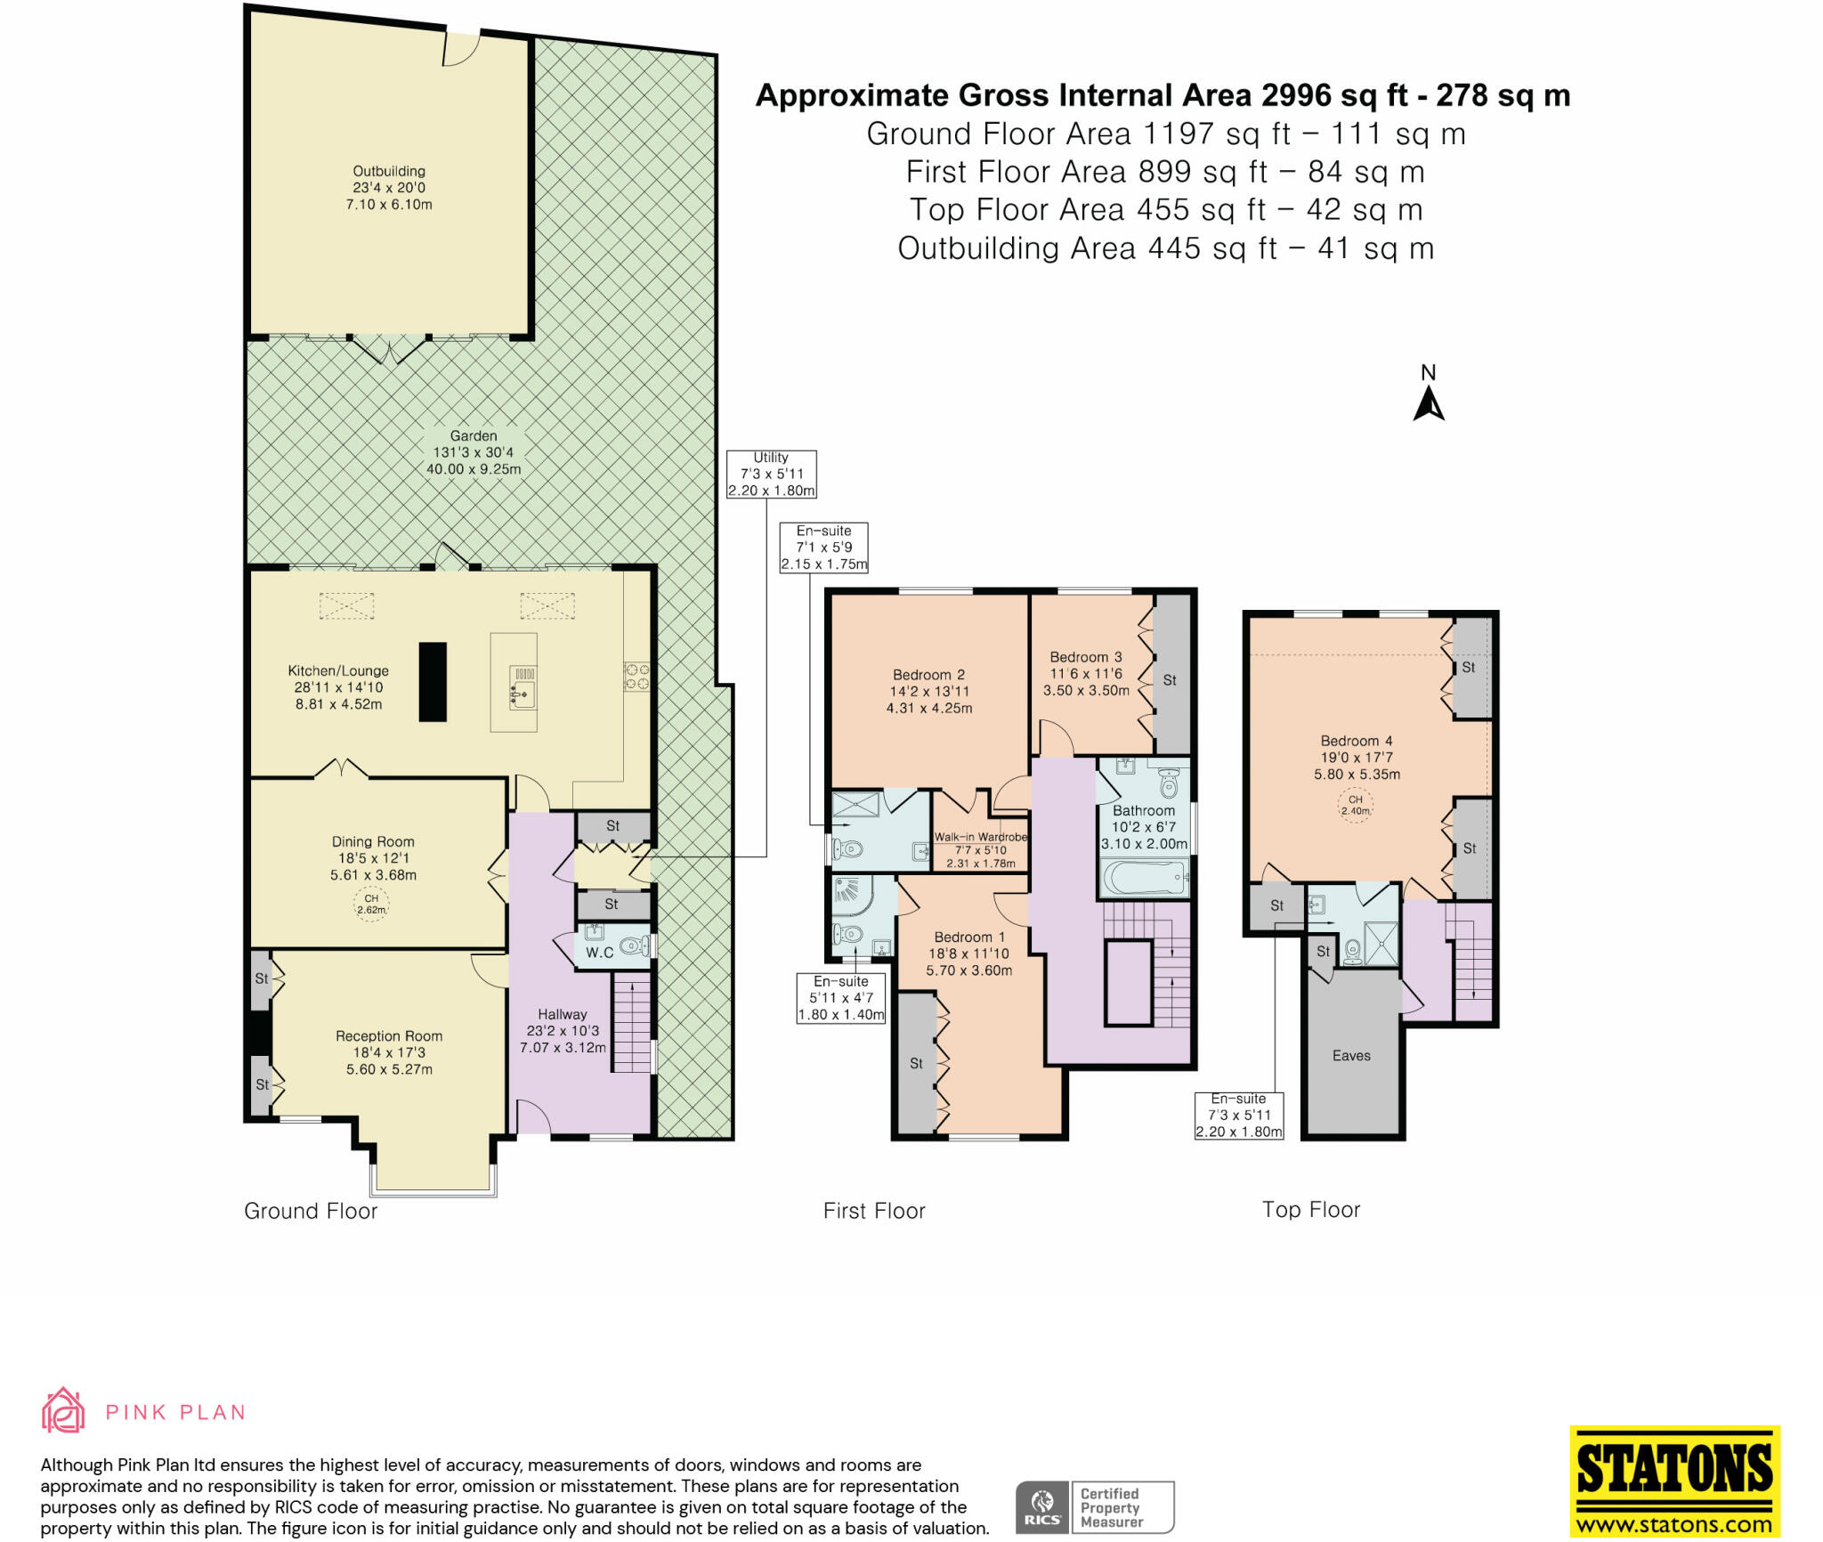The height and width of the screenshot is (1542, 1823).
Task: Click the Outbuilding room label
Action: tap(389, 187)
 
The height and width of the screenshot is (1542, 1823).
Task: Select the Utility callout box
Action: tap(771, 474)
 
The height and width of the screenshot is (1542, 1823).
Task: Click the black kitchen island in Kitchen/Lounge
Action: tap(433, 681)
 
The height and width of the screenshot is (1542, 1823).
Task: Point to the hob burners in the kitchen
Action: tap(636, 676)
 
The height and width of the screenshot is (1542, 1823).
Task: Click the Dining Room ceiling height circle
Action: tap(371, 905)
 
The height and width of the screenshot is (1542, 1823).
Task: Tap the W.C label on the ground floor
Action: tap(599, 952)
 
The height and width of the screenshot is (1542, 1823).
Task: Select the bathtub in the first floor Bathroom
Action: tap(1145, 879)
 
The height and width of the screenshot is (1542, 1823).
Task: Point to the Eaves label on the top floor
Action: tap(1351, 1055)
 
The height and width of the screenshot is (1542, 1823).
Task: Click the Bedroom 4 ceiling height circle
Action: tap(1356, 805)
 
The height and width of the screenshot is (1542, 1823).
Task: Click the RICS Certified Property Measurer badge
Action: tap(1095, 1506)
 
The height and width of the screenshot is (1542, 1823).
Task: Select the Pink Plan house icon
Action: tap(63, 1411)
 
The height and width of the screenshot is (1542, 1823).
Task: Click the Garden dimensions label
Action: tap(474, 452)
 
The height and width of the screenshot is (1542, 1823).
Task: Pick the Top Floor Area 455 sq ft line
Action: tap(1166, 210)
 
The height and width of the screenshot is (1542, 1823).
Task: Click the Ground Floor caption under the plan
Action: tap(311, 1211)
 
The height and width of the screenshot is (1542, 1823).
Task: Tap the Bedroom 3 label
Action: tap(1086, 673)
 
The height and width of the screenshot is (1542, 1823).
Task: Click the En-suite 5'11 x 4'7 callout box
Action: tap(841, 998)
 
